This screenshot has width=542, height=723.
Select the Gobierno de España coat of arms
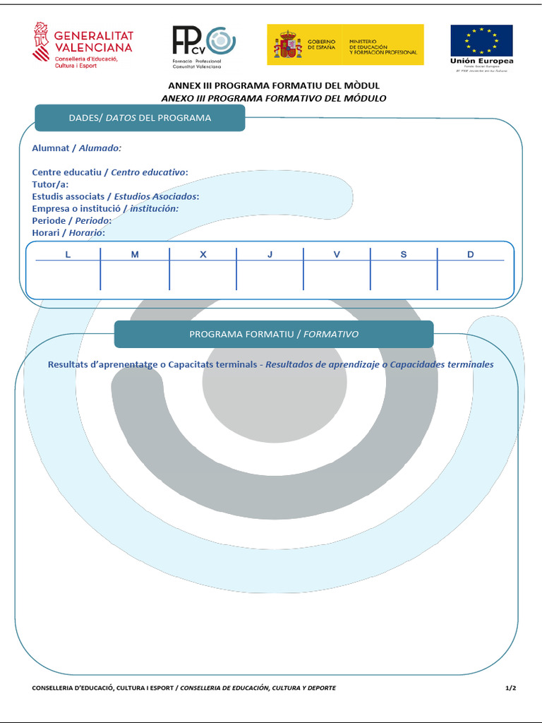click(x=287, y=44)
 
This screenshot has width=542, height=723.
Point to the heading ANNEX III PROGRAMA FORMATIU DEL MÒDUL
click(x=274, y=85)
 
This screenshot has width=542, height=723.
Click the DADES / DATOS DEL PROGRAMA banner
click(x=140, y=118)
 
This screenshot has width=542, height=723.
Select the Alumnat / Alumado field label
click(x=76, y=148)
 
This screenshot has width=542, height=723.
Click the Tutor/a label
click(x=50, y=184)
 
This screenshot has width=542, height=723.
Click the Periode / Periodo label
click(x=71, y=220)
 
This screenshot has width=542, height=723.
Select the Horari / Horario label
click(x=68, y=232)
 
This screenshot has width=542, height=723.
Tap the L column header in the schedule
click(x=68, y=254)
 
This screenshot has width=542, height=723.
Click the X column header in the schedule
click(x=203, y=254)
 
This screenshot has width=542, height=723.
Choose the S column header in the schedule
click(x=404, y=254)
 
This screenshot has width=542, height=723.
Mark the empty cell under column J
click(x=270, y=275)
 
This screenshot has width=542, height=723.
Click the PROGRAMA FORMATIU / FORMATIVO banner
click(x=274, y=334)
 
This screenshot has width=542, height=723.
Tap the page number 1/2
click(x=511, y=688)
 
